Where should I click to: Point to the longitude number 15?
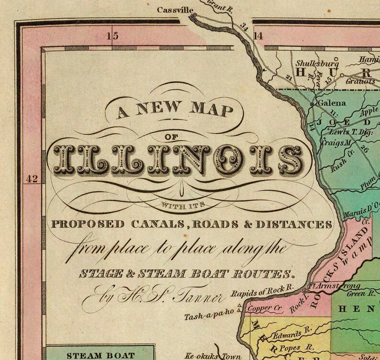click(112, 35)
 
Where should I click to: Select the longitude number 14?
click(258, 35)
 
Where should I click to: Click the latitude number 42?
click(32, 179)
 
